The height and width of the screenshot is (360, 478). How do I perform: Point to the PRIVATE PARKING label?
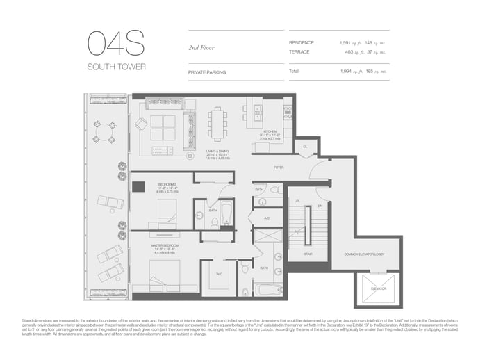point(207,72)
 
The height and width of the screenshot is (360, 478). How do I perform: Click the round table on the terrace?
point(105,131)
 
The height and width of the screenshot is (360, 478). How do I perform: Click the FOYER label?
point(279,167)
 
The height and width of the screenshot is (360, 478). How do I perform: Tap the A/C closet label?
point(267,218)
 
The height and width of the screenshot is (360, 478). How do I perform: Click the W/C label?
point(219,274)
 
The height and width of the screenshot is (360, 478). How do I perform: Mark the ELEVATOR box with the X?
point(378,287)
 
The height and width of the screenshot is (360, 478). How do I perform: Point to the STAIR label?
point(308,254)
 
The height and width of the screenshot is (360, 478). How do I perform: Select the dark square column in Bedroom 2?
point(139,186)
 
